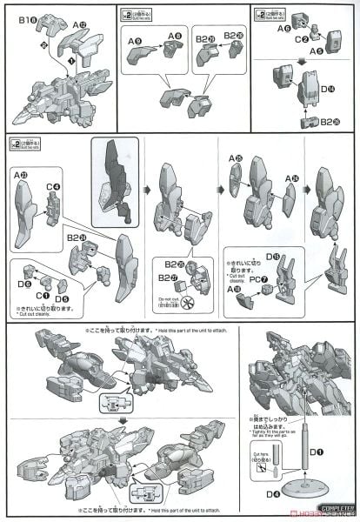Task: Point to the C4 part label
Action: pyautogui.click(x=54, y=185)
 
